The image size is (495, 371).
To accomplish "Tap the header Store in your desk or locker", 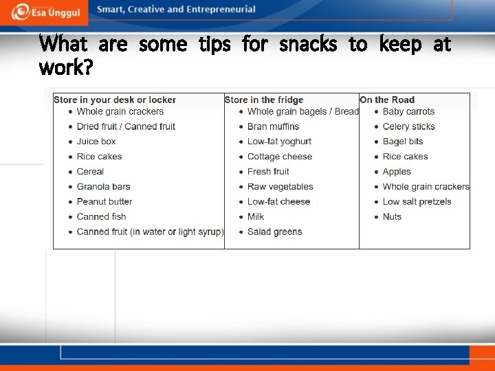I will [x=115, y=100].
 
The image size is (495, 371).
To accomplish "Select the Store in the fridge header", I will [x=264, y=100].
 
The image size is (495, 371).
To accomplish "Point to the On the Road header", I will [x=387, y=100].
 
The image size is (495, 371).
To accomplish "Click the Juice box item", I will [x=96, y=142].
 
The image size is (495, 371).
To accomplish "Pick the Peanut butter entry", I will [x=104, y=201].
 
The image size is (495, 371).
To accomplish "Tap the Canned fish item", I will [x=102, y=216].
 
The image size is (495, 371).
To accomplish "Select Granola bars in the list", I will [x=104, y=186].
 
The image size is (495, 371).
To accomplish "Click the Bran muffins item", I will [x=273, y=126].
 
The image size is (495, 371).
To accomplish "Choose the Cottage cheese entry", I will [x=280, y=157].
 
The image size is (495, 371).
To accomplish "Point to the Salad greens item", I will [x=274, y=232].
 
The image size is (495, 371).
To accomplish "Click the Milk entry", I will [x=256, y=216].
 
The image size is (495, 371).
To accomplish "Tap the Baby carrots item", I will [x=408, y=111].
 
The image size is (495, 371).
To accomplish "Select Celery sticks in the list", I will [x=408, y=126].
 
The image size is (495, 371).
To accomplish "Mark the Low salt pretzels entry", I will [x=417, y=201].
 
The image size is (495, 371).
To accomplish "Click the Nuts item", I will [x=392, y=216].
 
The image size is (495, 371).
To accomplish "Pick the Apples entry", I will [x=397, y=172].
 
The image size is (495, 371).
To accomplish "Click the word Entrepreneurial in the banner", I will [x=221, y=10].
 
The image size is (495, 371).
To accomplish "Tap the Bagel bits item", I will [x=403, y=142].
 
